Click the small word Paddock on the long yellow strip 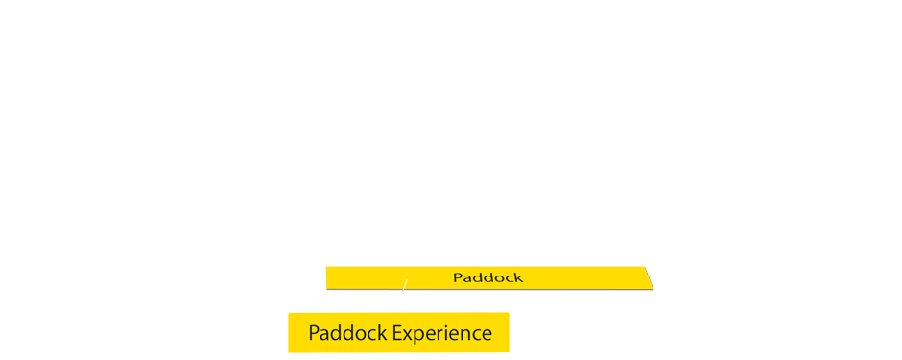[487, 277]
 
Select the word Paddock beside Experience [347, 333]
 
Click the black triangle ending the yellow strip [651, 276]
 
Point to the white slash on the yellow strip [404, 285]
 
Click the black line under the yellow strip [489, 290]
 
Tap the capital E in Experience [397, 333]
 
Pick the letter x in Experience [409, 334]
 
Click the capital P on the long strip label [458, 277]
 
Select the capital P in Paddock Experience [314, 333]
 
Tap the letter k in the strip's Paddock [518, 277]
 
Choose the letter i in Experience [444, 333]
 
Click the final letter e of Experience [486, 334]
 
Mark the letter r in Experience [439, 334]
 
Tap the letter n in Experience [463, 334]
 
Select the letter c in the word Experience [475, 334]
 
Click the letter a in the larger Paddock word [325, 334]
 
